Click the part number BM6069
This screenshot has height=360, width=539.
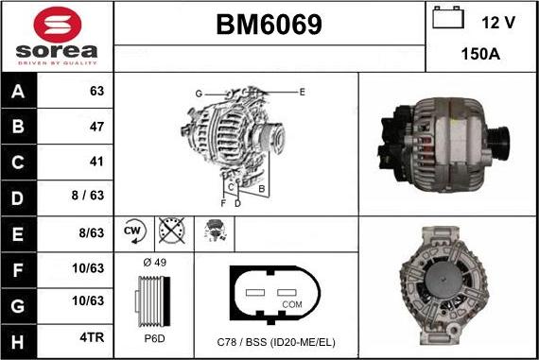click(x=269, y=25)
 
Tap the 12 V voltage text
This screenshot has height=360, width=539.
click(x=499, y=21)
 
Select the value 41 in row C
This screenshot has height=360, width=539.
click(x=96, y=162)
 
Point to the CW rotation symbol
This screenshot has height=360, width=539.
click(x=132, y=231)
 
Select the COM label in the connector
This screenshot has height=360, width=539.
click(x=293, y=304)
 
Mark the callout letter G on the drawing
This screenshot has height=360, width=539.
click(x=199, y=94)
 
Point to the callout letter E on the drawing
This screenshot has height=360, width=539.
click(x=302, y=92)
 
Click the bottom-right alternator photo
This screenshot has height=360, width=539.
click(x=446, y=288)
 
